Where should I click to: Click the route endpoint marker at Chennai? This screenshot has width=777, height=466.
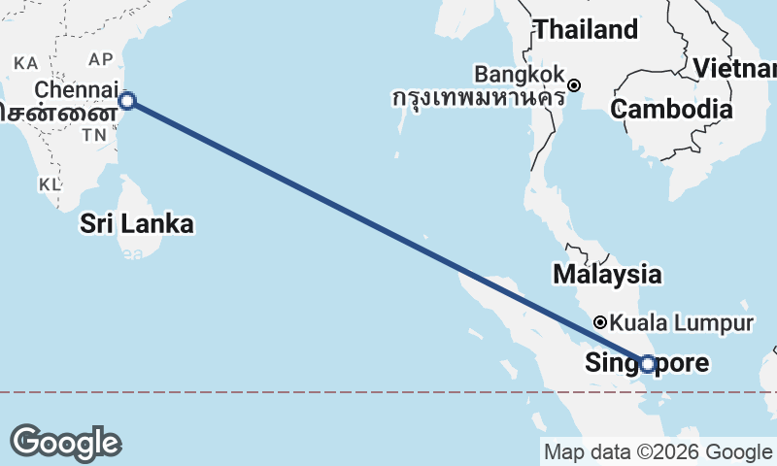(x=126, y=100)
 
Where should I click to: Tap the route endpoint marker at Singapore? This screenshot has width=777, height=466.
(x=648, y=364)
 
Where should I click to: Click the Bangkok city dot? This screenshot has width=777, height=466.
(x=575, y=84)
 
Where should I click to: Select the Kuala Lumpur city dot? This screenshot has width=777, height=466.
(x=601, y=322)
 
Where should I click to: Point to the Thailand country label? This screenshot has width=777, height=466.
(x=587, y=30)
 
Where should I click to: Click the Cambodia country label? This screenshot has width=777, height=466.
(x=671, y=109)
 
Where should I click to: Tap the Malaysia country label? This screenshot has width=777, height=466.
(x=608, y=275)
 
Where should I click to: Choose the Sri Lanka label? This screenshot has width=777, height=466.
(x=137, y=224)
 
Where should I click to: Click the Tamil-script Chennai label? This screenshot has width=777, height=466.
(x=53, y=112)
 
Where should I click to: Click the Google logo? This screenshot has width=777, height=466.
(x=65, y=443)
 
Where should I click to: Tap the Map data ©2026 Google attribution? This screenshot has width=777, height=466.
(x=658, y=451)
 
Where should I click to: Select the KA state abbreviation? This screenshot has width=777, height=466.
(x=26, y=62)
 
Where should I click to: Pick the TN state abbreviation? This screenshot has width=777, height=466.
(x=94, y=136)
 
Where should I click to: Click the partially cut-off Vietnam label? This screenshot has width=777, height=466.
(x=735, y=69)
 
